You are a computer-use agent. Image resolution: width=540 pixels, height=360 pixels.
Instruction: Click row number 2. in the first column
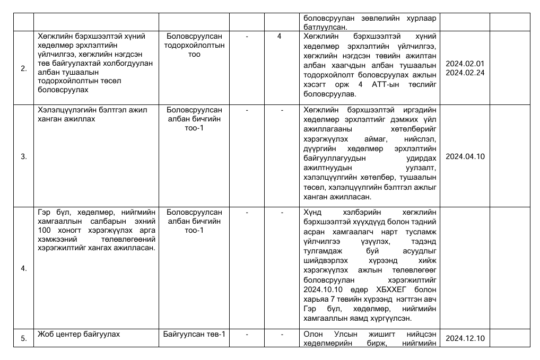pyautogui.click(x=23, y=68)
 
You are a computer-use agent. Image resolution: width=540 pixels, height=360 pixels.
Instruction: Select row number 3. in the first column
pyautogui.click(x=23, y=156)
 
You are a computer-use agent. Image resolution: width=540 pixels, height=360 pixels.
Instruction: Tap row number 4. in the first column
pyautogui.click(x=23, y=268)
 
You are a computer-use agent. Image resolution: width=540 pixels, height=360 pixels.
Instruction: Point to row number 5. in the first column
pyautogui.click(x=23, y=338)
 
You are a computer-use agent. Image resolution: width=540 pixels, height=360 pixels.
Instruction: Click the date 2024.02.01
pyautogui.click(x=465, y=64)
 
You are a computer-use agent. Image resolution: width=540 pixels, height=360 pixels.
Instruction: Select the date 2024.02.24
pyautogui.click(x=465, y=73)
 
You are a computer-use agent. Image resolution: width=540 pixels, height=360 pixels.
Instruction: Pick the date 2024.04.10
pyautogui.click(x=465, y=156)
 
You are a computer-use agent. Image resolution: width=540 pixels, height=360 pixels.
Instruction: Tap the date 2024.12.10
pyautogui.click(x=465, y=338)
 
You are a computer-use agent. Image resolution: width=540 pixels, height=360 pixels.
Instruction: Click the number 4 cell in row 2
pyautogui.click(x=279, y=36)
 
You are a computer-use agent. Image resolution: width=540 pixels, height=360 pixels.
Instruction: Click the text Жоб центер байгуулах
pyautogui.click(x=79, y=334)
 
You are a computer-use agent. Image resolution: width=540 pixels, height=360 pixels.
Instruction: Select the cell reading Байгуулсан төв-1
pyautogui.click(x=194, y=334)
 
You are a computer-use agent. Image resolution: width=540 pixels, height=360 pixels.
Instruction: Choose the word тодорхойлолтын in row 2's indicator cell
pyautogui.click(x=194, y=45)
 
